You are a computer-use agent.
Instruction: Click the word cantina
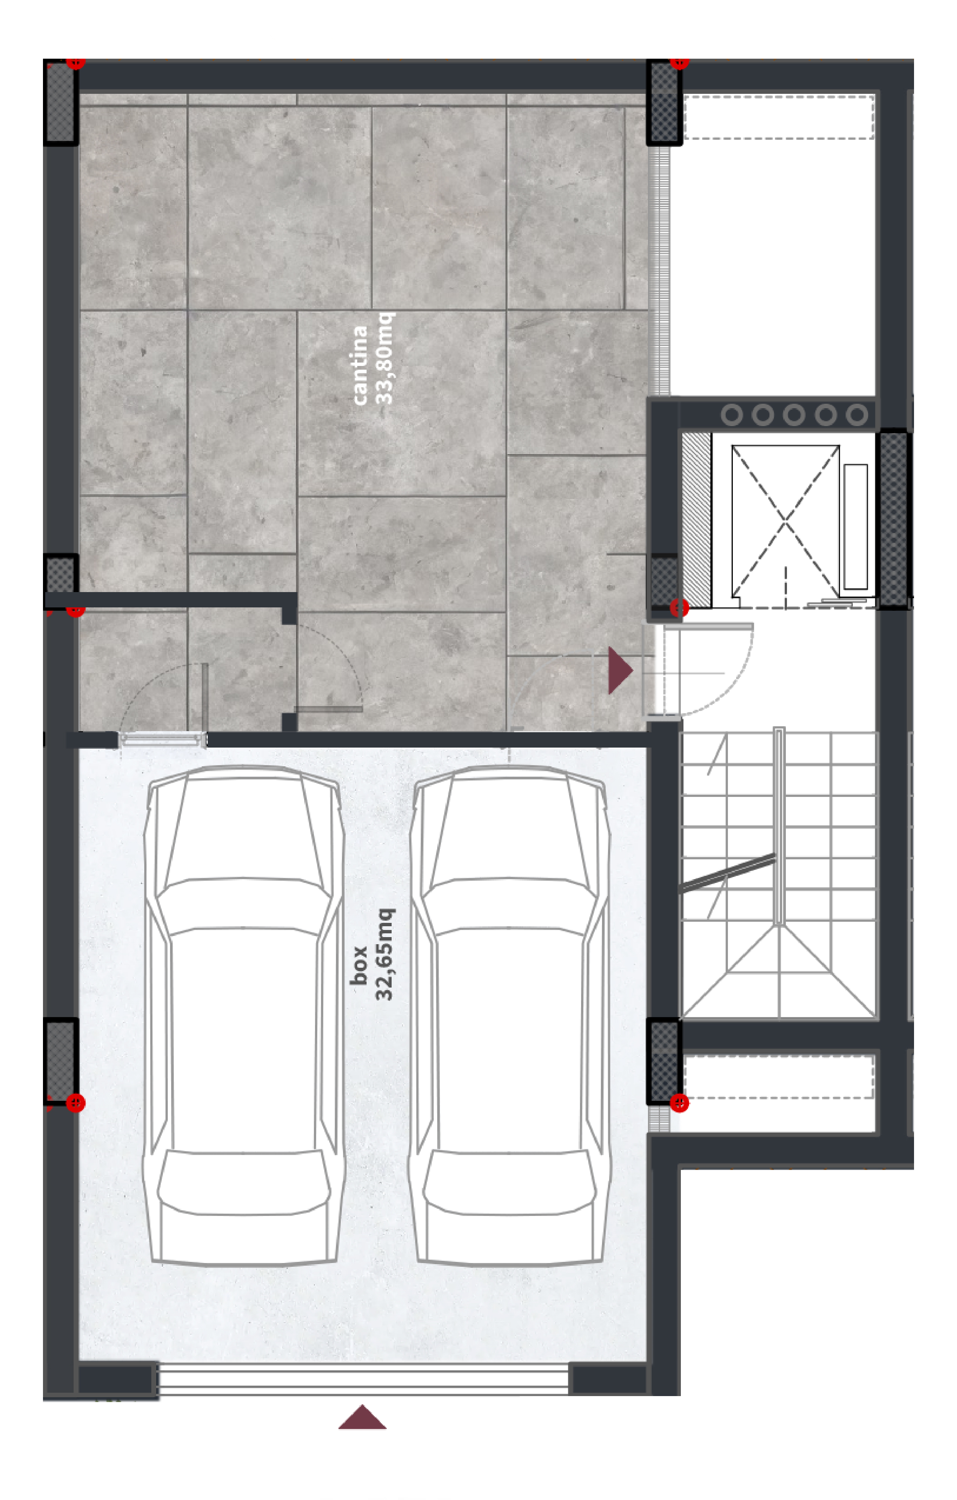360,365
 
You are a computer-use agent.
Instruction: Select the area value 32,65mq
384,954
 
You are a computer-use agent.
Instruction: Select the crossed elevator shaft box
785,521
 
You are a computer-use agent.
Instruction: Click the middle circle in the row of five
794,415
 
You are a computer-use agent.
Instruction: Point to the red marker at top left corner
75,62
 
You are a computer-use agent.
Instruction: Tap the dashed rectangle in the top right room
779,117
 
